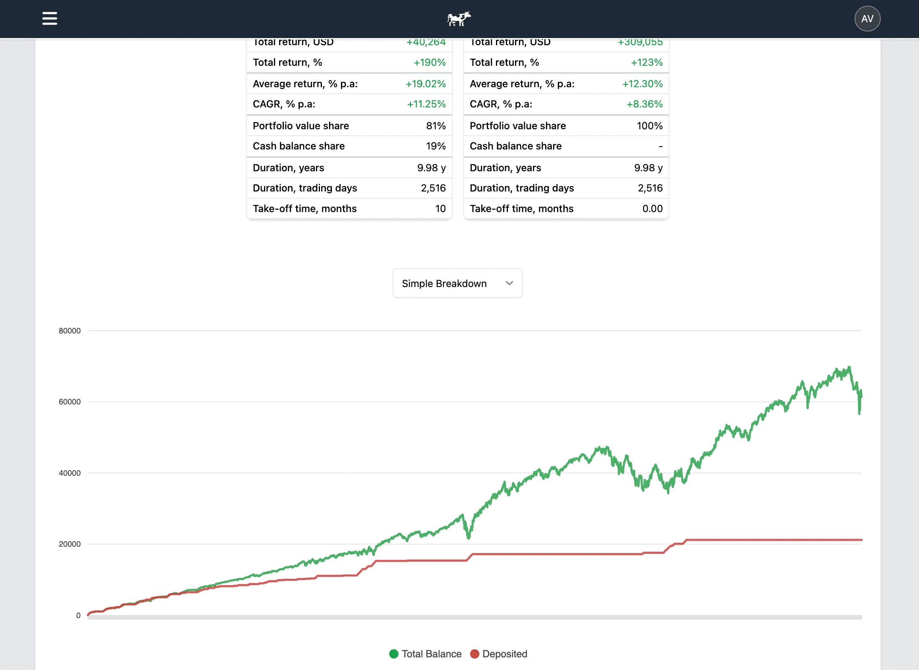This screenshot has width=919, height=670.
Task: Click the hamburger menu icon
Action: point(50,18)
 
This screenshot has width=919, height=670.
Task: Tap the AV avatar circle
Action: point(867,19)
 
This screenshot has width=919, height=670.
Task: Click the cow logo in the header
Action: point(459,19)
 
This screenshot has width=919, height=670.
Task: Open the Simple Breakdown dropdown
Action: point(458,283)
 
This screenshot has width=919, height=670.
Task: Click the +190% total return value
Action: point(429,63)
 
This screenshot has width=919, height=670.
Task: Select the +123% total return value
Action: point(647,63)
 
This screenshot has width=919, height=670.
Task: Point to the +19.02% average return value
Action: point(425,84)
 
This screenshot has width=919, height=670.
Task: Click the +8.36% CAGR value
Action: point(644,104)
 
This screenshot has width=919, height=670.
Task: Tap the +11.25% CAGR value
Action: point(426,104)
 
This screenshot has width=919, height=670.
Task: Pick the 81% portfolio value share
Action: point(436,126)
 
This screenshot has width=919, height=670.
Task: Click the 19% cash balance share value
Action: point(436,146)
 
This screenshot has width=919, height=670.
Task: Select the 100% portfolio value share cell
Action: point(649,126)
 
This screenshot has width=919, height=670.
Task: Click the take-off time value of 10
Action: point(440,209)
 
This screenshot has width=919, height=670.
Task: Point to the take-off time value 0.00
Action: point(652,209)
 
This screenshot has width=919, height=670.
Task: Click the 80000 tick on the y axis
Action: point(70,331)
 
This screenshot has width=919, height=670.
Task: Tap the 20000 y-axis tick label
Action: point(70,544)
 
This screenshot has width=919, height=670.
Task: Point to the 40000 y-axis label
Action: point(70,473)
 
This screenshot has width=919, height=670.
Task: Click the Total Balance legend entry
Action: point(425,654)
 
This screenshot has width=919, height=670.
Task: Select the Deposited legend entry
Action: point(499,654)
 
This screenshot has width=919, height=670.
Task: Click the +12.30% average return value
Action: point(642,84)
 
